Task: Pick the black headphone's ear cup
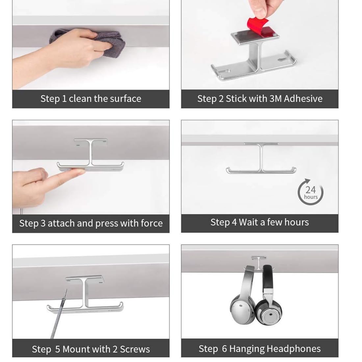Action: [x=269, y=312]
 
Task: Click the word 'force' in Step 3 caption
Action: [x=152, y=223]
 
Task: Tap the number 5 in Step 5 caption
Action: [x=58, y=349]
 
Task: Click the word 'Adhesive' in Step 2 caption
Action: [x=303, y=99]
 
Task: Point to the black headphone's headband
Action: [x=268, y=277]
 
